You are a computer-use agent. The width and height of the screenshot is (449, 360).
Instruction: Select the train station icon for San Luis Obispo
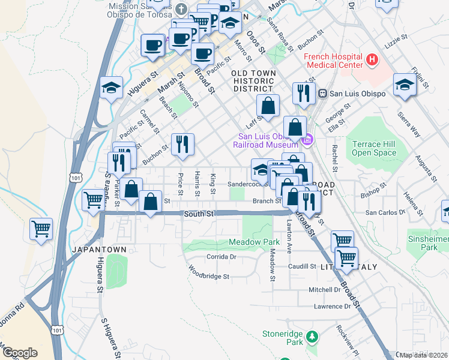tap(322, 93)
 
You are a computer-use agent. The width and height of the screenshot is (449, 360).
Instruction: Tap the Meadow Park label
tap(254, 242)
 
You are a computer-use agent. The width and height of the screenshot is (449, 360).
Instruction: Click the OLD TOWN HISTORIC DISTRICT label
tap(254, 80)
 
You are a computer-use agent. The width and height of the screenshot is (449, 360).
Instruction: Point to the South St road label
tap(199, 214)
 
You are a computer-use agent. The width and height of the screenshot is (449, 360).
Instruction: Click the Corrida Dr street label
tap(223, 256)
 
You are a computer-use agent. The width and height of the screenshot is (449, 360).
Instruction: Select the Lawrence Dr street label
tap(331, 306)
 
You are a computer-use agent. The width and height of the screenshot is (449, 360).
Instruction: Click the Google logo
tap(20, 353)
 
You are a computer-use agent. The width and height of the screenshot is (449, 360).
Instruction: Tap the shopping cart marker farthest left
tap(41, 228)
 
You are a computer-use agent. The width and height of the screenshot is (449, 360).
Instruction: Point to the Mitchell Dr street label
tap(324, 289)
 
